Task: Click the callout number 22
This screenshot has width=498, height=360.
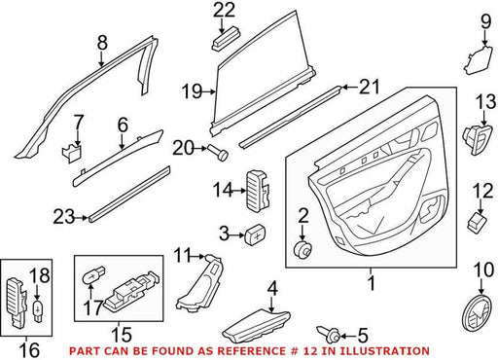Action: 224,10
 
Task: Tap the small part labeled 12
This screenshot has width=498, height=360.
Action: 478,223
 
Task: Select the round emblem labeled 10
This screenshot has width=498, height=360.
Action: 478,313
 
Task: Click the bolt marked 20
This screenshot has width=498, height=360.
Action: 218,152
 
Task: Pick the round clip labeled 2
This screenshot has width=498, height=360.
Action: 302,250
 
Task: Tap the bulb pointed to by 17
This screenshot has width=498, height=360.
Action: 94,275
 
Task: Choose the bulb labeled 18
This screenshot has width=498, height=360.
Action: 38,310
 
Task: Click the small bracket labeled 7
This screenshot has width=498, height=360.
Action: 72,152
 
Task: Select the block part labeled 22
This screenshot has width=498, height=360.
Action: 227,39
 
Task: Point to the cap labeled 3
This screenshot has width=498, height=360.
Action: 255,234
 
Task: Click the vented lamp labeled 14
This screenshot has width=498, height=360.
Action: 259,191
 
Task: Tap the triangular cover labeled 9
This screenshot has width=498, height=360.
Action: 478,61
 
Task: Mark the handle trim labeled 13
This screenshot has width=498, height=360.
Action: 478,139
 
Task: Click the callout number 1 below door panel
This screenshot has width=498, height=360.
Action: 372,283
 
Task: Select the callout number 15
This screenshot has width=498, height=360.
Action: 122,335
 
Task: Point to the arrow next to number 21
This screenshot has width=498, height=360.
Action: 349,87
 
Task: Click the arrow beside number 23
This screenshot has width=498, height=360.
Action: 81,218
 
